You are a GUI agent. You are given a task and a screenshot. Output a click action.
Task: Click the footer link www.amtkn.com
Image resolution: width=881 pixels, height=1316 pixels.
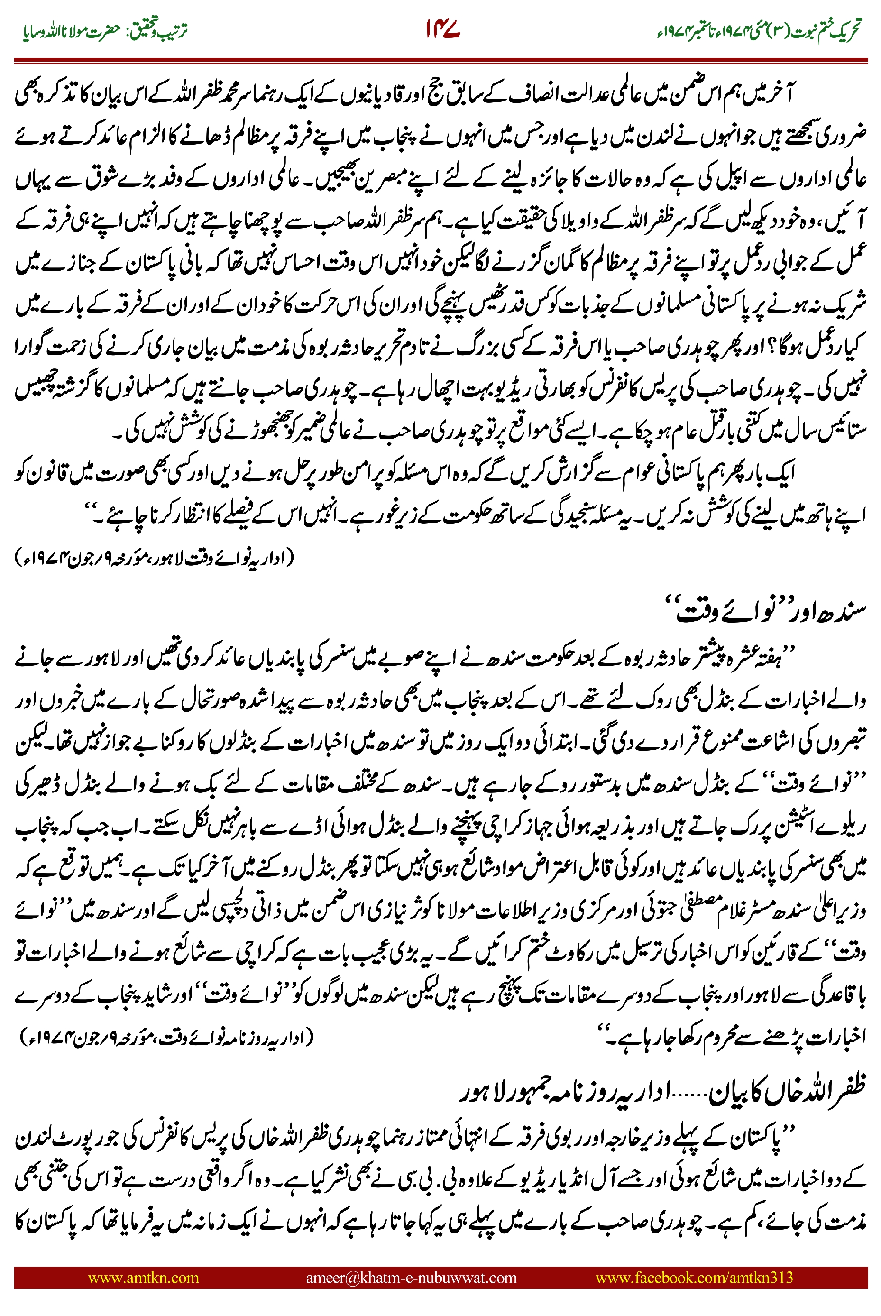coord(143,1277)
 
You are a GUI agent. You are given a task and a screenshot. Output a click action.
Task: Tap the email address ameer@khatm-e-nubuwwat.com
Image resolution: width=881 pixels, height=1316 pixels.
coord(411,1277)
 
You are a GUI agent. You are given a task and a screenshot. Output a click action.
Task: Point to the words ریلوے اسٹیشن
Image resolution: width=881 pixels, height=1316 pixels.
coord(820,831)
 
